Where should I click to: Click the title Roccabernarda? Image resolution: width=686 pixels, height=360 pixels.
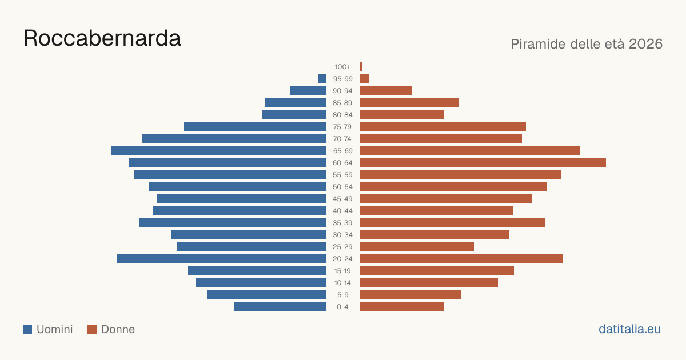click(102, 38)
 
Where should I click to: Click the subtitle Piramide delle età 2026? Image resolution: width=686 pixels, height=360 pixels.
click(587, 44)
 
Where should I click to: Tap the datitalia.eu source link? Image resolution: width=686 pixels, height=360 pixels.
click(629, 329)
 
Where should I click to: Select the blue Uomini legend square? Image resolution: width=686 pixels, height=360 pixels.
click(27, 329)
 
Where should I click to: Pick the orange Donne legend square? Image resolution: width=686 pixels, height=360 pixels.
click(92, 329)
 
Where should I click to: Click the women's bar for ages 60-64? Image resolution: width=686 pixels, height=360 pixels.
click(483, 162)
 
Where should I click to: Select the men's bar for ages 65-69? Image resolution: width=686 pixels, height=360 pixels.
click(218, 151)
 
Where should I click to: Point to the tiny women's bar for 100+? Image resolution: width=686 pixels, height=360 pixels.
click(361, 67)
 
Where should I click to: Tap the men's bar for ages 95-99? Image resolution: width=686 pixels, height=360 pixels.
click(322, 79)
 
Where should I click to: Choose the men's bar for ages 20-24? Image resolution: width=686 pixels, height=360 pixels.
click(221, 259)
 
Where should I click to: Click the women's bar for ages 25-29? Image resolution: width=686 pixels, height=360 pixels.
click(417, 247)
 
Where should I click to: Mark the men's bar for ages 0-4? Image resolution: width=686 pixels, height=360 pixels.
click(280, 307)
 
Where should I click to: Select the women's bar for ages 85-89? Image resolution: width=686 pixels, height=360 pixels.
click(409, 102)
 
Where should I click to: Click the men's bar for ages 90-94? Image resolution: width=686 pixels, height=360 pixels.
click(308, 91)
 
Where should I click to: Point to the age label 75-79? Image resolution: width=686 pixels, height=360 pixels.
click(342, 127)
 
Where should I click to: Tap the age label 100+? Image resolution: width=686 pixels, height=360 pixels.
click(342, 67)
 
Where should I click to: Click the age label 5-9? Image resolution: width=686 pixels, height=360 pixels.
click(342, 295)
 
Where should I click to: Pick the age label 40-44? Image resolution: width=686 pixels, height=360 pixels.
click(342, 211)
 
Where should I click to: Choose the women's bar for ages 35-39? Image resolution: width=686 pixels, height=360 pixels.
click(452, 222)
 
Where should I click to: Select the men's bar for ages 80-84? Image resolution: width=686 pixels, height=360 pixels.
click(294, 114)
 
